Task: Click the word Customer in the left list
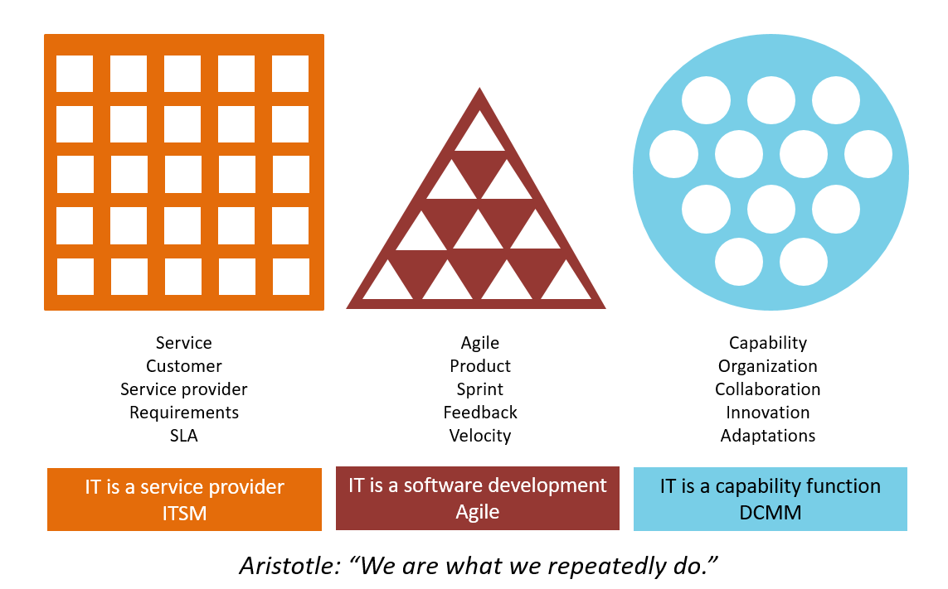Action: (184, 366)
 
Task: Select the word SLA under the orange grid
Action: (184, 436)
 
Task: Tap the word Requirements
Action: (184, 413)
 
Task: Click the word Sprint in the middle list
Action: (479, 389)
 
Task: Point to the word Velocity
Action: (479, 436)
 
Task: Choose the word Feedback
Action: (479, 413)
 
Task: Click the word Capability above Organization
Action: (767, 343)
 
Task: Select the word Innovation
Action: (767, 413)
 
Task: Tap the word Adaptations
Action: (767, 436)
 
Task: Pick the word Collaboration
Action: (767, 389)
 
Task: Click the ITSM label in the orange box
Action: (184, 514)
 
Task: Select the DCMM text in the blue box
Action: (770, 513)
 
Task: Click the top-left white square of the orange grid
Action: (75, 74)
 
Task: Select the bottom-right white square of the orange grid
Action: (290, 277)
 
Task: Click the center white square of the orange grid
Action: (182, 175)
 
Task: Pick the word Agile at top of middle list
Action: (479, 343)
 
